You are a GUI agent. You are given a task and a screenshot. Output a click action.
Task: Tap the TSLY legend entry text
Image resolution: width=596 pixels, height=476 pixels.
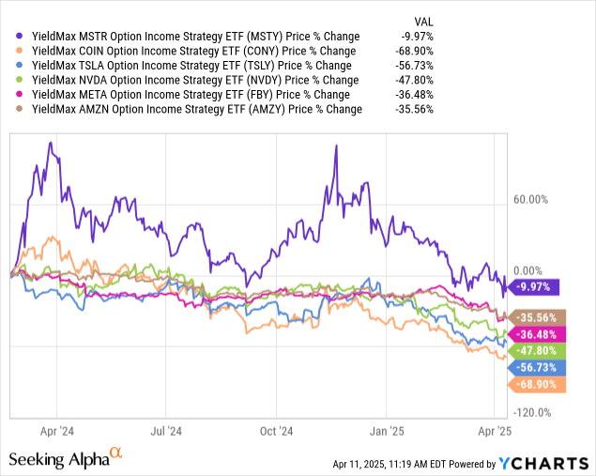(x=188, y=66)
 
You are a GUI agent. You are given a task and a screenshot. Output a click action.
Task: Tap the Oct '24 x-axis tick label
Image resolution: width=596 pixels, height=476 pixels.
(x=276, y=431)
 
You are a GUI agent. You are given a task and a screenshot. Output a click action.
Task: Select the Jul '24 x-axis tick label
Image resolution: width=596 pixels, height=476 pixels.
(x=166, y=431)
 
